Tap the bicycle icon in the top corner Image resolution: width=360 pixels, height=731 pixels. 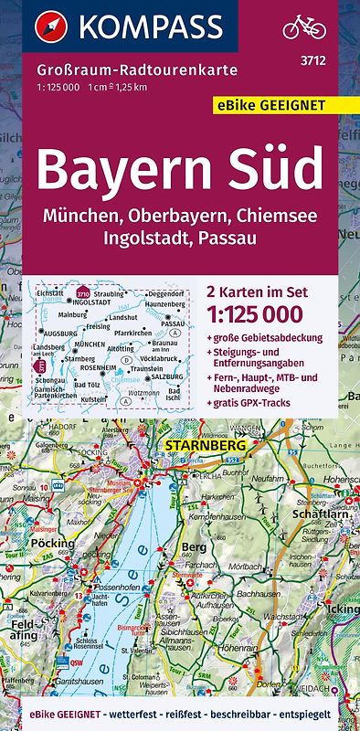pyautogui.click(x=303, y=26)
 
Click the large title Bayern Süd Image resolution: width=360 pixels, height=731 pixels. pyautogui.click(x=181, y=170)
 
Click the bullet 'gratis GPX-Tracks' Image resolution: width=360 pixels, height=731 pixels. pyautogui.click(x=272, y=401)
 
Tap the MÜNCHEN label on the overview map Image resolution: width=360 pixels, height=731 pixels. pyautogui.click(x=90, y=344)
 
